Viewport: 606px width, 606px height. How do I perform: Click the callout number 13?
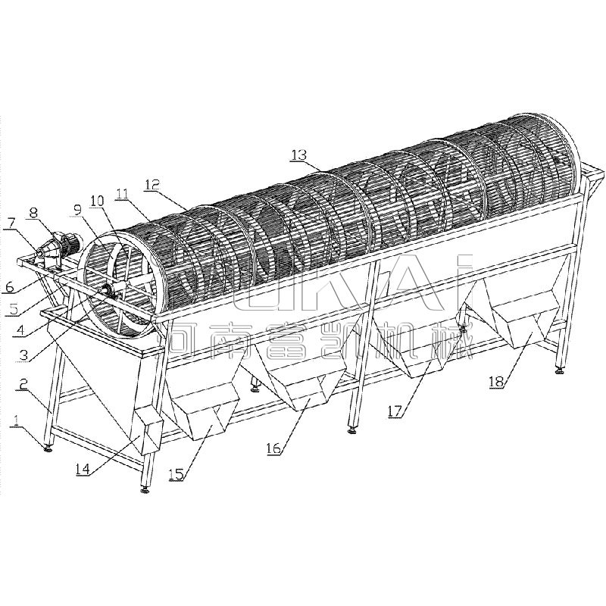click(298, 155)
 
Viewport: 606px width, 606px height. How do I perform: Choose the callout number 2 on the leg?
click(23, 385)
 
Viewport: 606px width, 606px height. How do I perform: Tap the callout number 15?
click(177, 475)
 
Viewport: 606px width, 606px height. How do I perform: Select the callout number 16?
click(273, 448)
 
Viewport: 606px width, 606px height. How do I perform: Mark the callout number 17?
click(396, 411)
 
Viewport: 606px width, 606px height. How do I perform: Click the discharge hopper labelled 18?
click(523, 322)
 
